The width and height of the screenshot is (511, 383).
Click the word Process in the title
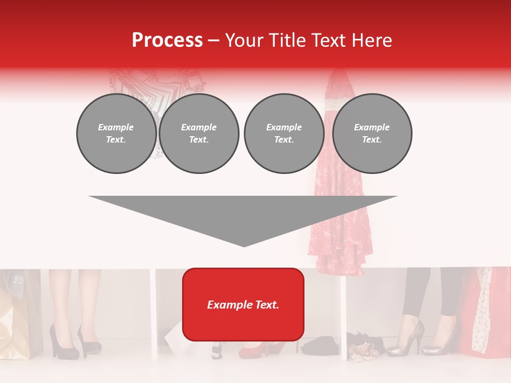(x=167, y=40)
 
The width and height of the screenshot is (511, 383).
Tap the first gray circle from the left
(x=116, y=134)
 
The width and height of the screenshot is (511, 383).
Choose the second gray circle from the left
(x=199, y=134)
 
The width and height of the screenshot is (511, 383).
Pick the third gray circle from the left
(x=284, y=134)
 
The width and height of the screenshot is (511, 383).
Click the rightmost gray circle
(x=372, y=134)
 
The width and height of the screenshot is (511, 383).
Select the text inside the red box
(x=243, y=305)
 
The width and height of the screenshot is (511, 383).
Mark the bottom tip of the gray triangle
(x=244, y=245)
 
